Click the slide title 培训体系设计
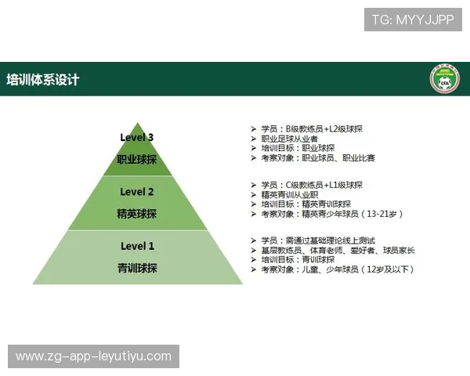coord(43,80)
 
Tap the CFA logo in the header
coord(443,80)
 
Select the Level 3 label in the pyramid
coord(137,138)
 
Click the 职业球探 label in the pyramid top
coord(137,159)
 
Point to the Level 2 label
coord(137,192)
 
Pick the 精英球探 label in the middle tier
coord(137,214)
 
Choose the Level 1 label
coord(137,246)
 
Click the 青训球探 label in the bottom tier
coord(137,268)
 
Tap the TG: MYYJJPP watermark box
coord(413,20)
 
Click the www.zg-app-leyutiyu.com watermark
coord(93,356)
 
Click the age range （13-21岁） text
coord(385,214)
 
